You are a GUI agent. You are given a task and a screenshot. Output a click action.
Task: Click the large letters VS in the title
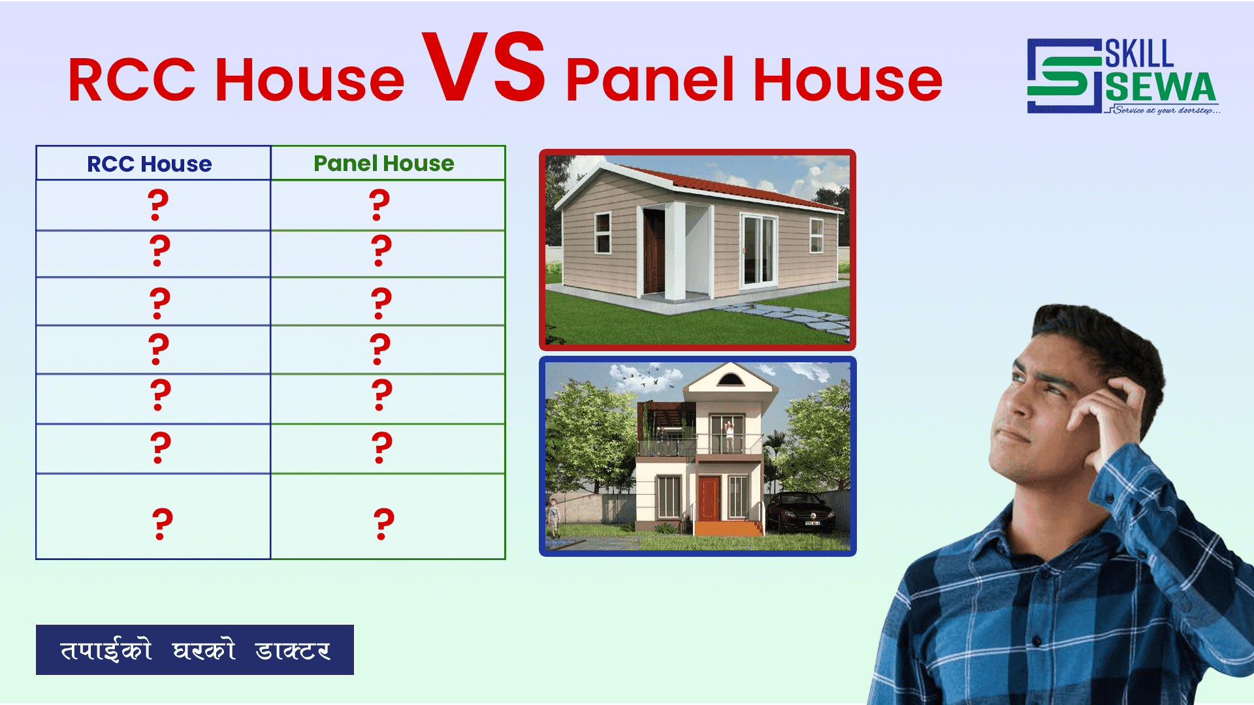[483, 69]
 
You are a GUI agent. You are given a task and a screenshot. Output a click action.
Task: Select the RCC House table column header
[150, 164]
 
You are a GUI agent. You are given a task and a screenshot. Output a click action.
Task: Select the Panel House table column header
[384, 163]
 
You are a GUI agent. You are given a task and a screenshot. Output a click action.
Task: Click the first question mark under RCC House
[158, 205]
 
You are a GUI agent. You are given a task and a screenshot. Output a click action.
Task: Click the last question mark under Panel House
[384, 524]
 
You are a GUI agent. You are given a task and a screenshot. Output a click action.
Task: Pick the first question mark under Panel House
[379, 205]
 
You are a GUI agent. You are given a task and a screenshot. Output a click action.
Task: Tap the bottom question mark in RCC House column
[163, 524]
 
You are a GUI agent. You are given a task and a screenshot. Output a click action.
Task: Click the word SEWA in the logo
[1161, 87]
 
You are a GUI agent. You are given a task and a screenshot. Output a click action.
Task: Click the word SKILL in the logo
[1139, 54]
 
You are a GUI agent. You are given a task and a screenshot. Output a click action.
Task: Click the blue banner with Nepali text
[195, 650]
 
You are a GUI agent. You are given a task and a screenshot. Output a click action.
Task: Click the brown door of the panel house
[654, 253]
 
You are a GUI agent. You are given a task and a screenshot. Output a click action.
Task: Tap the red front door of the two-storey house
[709, 497]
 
